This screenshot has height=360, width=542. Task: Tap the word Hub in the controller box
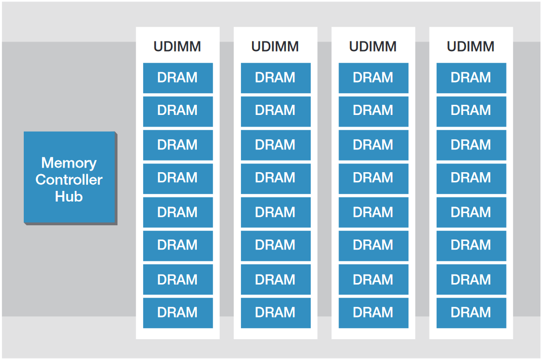click(69, 196)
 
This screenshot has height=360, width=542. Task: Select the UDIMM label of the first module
click(177, 47)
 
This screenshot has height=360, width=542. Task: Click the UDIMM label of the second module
click(275, 47)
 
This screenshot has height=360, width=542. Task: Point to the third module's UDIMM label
click(373, 47)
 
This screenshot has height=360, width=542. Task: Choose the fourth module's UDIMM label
click(471, 47)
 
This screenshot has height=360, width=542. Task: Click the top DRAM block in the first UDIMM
click(178, 77)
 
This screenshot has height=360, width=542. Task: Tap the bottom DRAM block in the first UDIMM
click(178, 312)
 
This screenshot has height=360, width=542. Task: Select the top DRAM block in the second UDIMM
click(275, 77)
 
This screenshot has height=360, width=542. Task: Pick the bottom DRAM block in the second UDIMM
click(275, 312)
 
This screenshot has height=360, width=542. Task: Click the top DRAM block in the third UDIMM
click(373, 77)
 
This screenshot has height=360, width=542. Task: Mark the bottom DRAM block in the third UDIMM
click(373, 312)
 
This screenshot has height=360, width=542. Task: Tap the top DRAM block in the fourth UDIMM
click(471, 77)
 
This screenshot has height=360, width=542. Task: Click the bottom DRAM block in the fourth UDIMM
click(471, 312)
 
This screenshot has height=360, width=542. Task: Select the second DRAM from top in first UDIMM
click(178, 111)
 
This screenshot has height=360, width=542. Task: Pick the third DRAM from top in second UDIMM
click(275, 145)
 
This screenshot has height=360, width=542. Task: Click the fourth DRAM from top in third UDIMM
click(373, 178)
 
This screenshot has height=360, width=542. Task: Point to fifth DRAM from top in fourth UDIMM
click(471, 212)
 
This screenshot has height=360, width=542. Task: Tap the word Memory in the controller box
click(69, 163)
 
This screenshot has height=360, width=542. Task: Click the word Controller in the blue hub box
click(69, 180)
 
